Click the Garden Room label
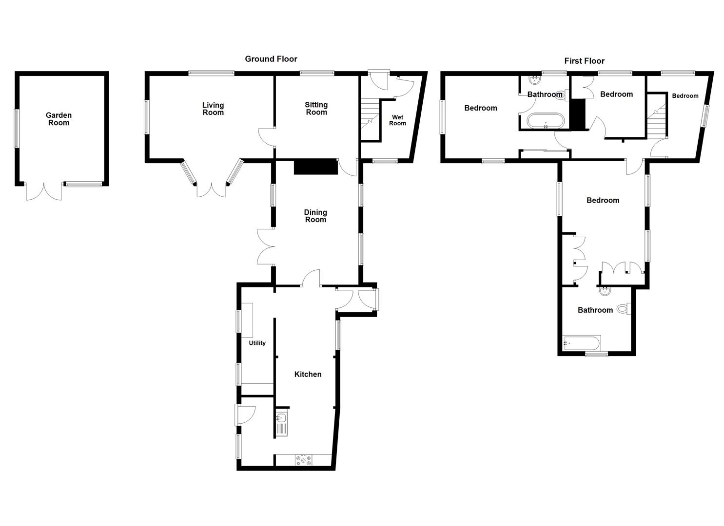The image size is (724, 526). (x=59, y=119)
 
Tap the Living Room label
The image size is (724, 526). (x=213, y=109)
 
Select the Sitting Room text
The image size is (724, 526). (x=316, y=108)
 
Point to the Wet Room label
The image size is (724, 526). (x=397, y=120)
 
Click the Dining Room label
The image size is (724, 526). (x=315, y=216)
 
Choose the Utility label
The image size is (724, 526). (x=257, y=343)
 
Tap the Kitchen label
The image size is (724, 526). (x=308, y=374)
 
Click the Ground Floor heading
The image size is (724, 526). (x=271, y=59)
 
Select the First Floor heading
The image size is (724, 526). (x=584, y=61)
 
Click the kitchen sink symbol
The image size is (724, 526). (x=281, y=424)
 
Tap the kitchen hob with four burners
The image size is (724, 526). (x=303, y=460)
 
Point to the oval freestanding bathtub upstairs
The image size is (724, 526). (x=545, y=120)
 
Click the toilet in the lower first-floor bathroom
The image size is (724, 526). (x=623, y=309)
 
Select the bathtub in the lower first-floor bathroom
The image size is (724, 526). (x=581, y=343)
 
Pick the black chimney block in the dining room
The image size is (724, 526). (x=316, y=167)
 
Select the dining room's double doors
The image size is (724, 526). (x=266, y=246)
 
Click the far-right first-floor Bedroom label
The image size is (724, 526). (x=685, y=96)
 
